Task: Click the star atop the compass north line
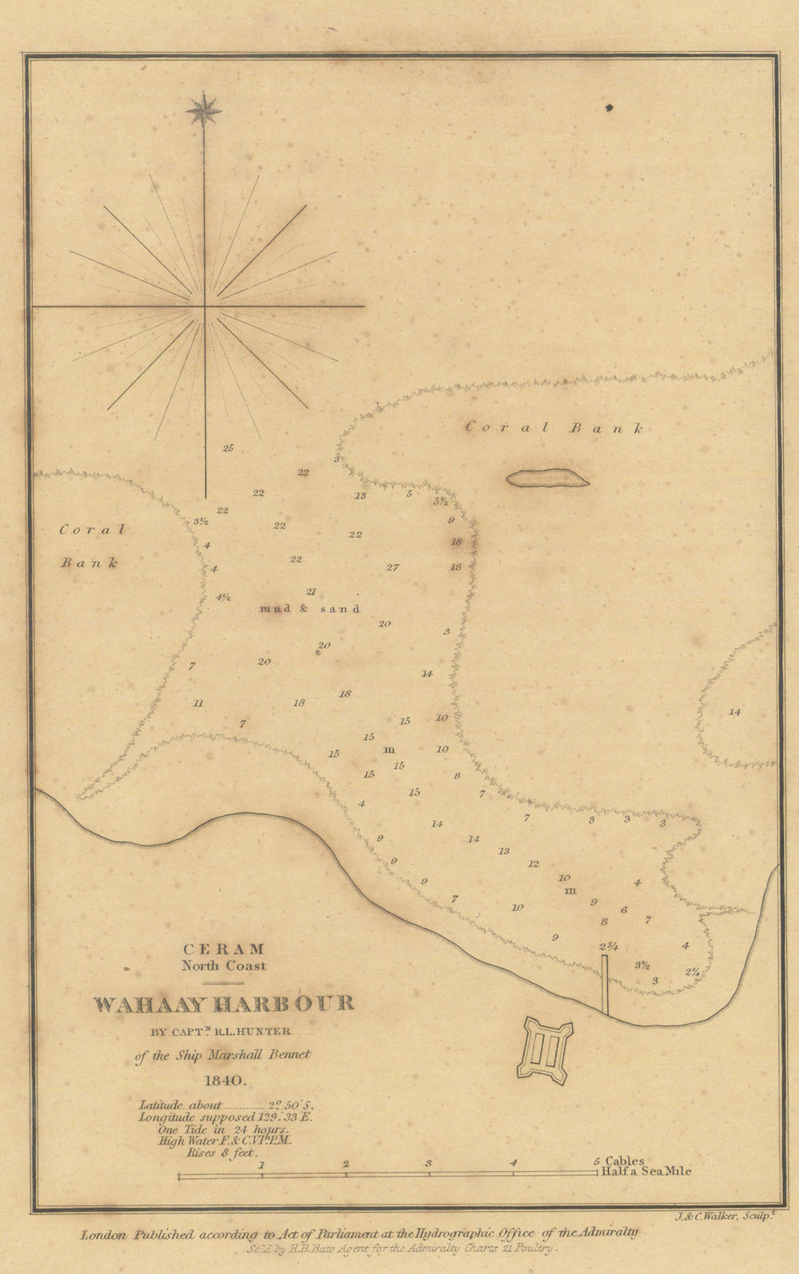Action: (204, 109)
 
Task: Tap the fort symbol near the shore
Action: (546, 1049)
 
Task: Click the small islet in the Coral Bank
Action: (547, 478)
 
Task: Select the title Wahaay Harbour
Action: (224, 1005)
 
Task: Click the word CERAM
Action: (224, 950)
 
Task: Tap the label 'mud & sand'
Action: (310, 609)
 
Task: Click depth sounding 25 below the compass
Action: (228, 448)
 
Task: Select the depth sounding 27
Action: (392, 567)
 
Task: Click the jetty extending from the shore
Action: (605, 985)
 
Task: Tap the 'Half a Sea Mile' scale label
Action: (648, 1172)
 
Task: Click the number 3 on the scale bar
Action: (429, 1164)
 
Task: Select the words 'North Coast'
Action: (224, 965)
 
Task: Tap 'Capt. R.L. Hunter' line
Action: (223, 1032)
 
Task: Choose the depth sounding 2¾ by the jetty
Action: (610, 946)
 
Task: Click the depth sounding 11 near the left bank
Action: (198, 703)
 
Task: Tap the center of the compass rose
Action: (205, 306)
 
